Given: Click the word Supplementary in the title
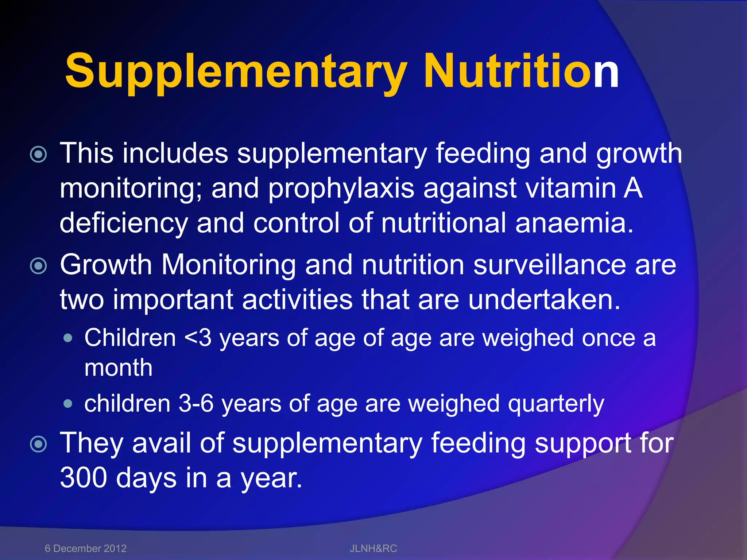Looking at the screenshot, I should pos(235,71).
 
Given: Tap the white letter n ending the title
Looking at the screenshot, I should pos(606,71).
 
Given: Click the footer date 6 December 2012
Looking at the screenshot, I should pos(85,548).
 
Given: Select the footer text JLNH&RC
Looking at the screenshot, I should pos(373,548).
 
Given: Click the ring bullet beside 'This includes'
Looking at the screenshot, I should pos(39,155).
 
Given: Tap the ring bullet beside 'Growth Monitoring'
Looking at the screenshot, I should pos(39,266).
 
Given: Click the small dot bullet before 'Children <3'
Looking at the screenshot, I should pos(67,338).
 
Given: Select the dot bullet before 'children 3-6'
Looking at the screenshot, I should pos(67,404).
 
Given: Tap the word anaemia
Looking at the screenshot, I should pos(574,223).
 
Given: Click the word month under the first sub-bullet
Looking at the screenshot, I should pos(118,367).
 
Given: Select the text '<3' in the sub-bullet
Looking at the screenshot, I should pos(198,338).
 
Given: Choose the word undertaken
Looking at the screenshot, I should pos(543,300).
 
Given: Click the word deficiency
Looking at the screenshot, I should pos(124,223).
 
